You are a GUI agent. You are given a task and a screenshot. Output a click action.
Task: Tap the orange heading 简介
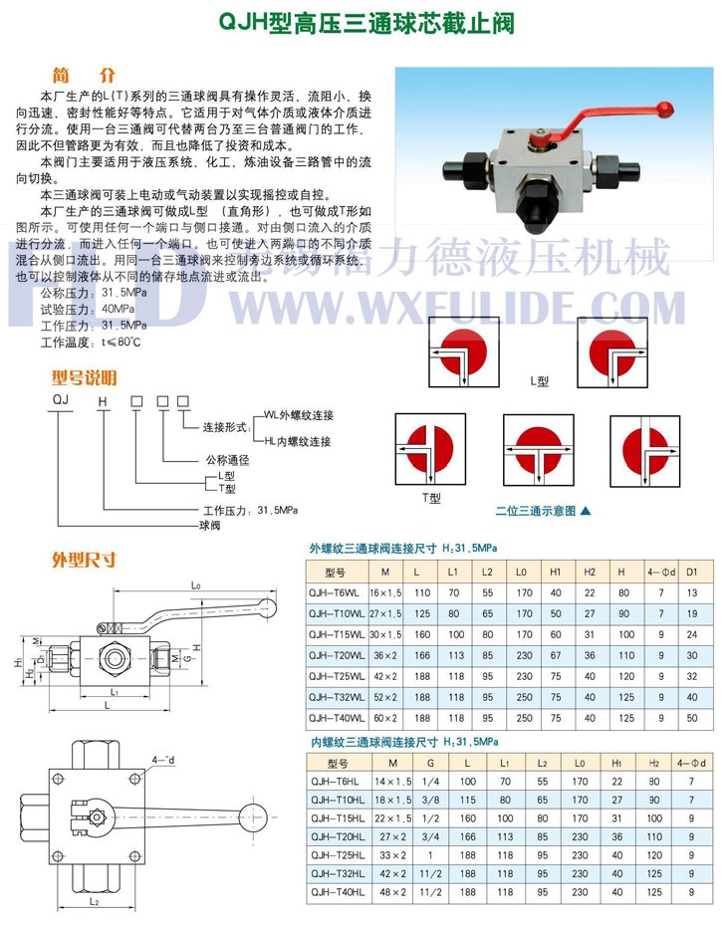click(84, 76)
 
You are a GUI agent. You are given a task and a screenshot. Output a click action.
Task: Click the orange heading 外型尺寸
click(84, 560)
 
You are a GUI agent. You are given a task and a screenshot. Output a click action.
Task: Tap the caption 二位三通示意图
click(537, 511)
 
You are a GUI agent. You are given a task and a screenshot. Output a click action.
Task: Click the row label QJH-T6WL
click(337, 591)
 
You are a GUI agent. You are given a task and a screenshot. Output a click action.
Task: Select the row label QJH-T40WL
click(337, 717)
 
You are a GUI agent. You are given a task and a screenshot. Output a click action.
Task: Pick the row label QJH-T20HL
click(337, 836)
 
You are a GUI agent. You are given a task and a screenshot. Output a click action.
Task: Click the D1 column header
click(692, 573)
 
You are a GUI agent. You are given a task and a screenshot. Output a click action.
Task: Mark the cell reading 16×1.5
click(383, 591)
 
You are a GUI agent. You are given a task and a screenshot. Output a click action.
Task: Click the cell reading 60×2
click(383, 717)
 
